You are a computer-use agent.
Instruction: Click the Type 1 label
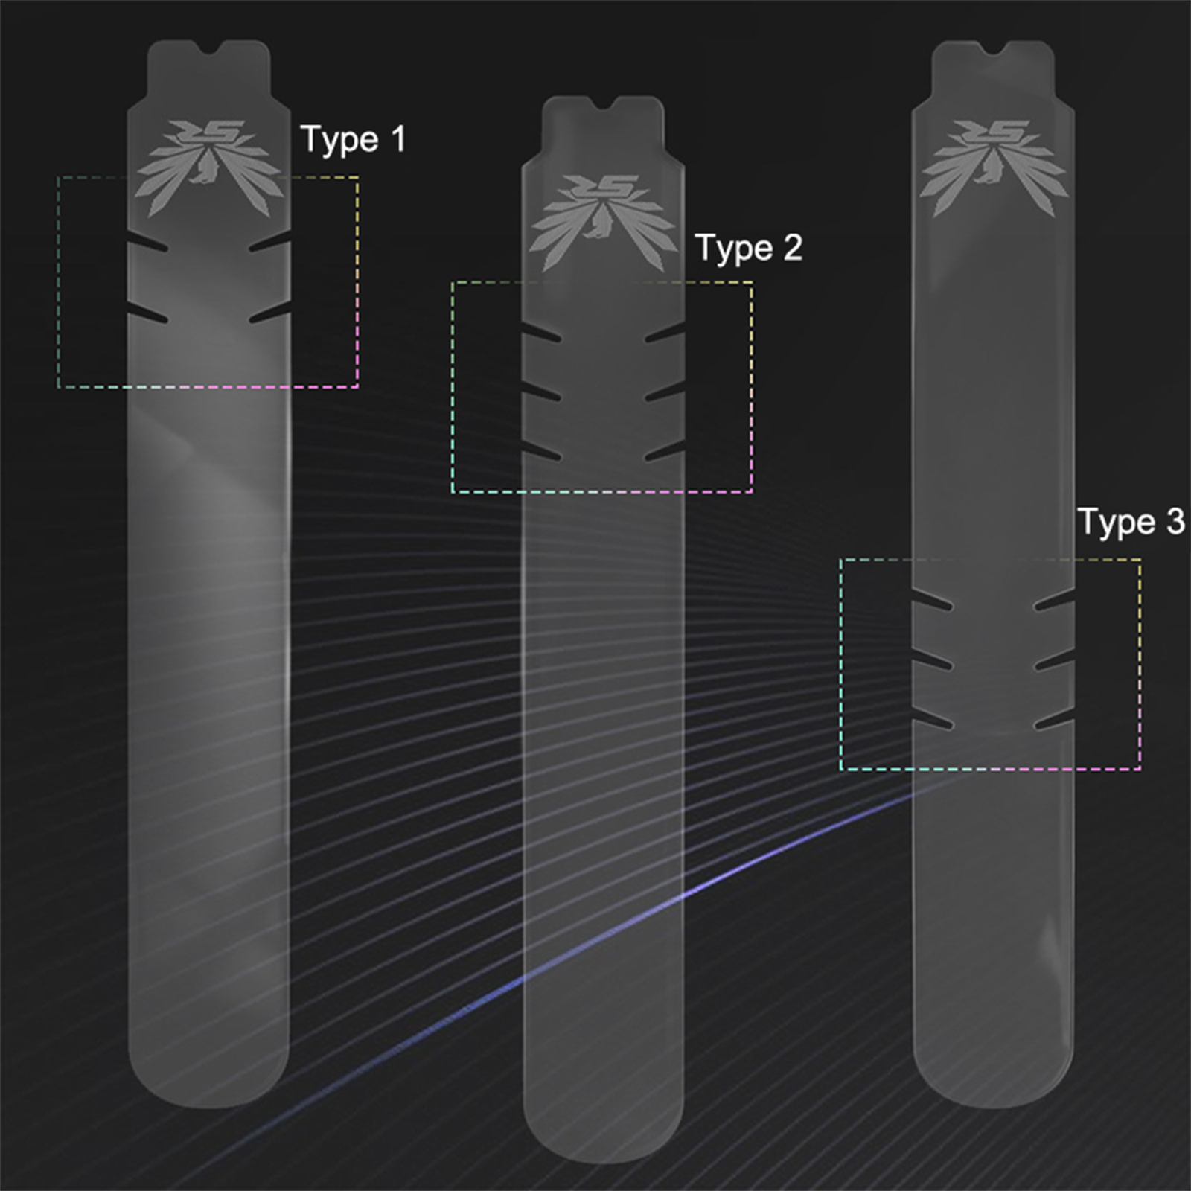(353, 139)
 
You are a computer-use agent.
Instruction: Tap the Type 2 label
(749, 247)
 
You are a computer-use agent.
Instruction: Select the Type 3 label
(1131, 521)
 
